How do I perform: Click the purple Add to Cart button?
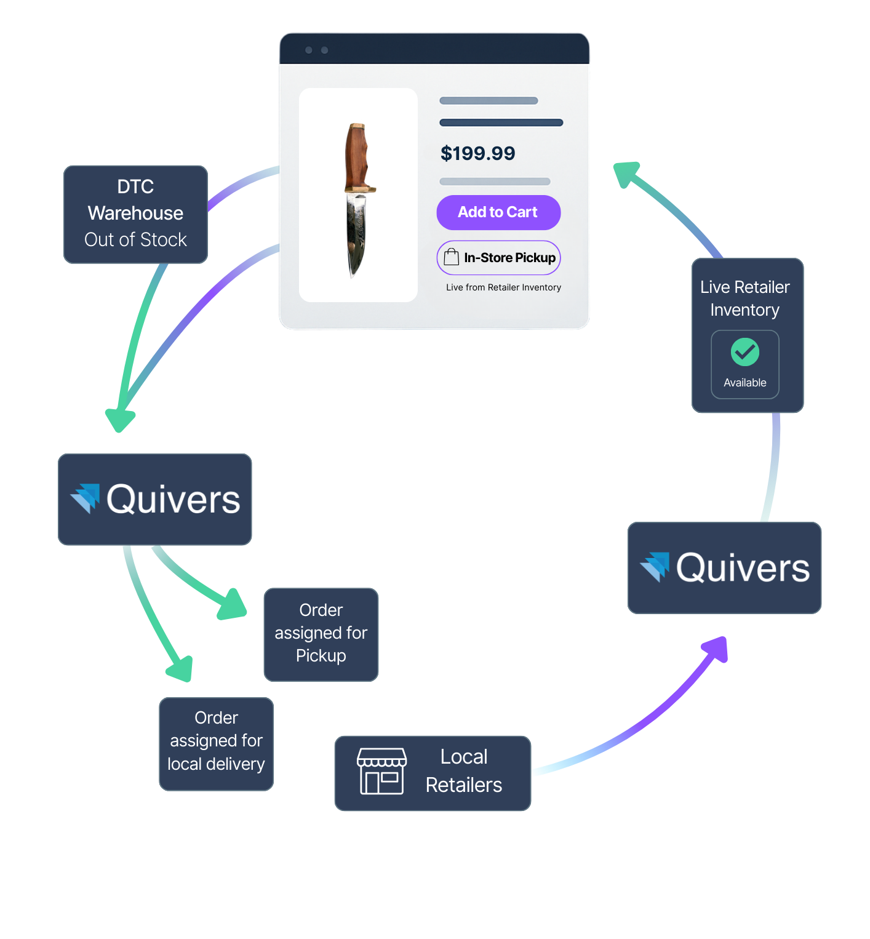498,212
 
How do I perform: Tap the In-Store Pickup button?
498,258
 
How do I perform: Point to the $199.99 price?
477,153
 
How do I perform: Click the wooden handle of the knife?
357,158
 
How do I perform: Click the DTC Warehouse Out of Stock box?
135,214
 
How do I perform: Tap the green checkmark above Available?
744,352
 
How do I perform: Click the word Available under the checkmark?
744,383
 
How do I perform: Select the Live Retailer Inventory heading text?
744,298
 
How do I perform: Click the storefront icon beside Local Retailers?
381,772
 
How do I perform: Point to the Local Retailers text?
464,771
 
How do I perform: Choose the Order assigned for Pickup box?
321,634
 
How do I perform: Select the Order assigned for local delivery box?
216,743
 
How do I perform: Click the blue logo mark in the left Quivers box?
86,497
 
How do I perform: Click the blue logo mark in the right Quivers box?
656,566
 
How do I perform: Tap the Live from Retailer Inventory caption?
503,287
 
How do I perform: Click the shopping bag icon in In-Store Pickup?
451,257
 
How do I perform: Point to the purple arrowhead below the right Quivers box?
716,649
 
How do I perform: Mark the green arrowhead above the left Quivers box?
120,420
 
